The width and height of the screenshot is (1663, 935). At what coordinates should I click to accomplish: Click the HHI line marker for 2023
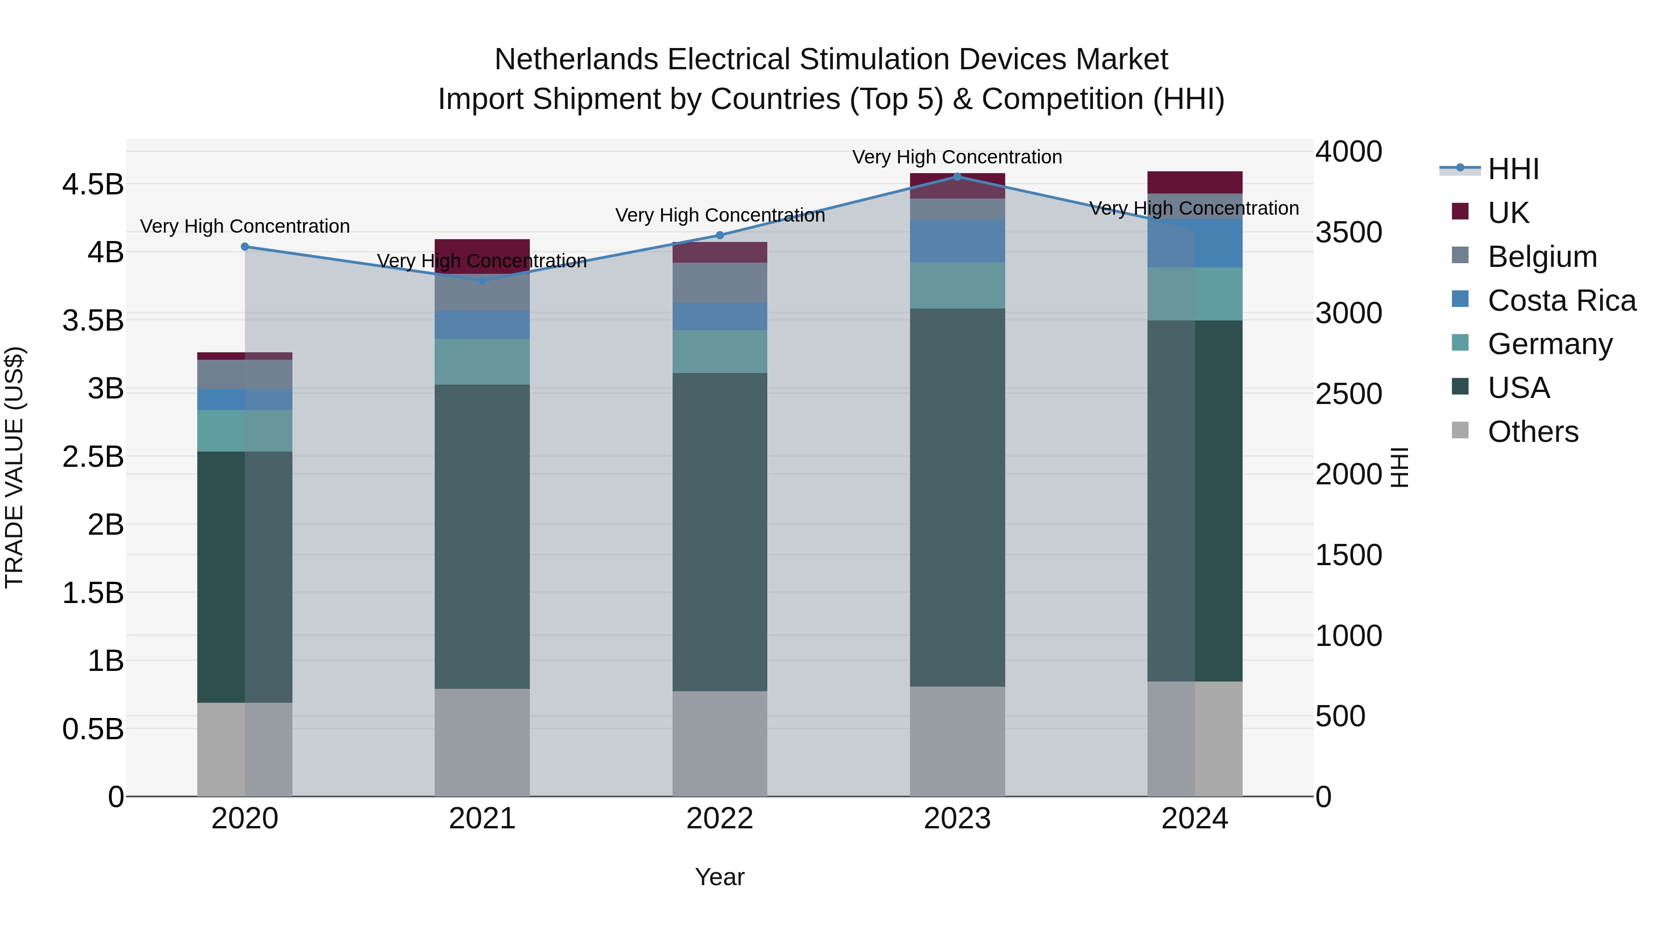click(958, 177)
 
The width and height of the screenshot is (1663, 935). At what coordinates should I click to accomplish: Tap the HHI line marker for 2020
click(245, 247)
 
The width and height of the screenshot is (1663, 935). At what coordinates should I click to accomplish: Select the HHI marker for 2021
click(482, 281)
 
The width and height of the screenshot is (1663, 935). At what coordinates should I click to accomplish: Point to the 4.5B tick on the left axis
click(93, 185)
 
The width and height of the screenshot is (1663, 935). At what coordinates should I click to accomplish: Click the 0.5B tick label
click(93, 729)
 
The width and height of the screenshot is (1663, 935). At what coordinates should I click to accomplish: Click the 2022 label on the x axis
click(720, 819)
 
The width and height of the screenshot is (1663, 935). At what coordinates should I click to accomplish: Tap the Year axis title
click(720, 877)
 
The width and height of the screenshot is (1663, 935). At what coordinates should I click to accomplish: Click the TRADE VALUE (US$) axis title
click(14, 467)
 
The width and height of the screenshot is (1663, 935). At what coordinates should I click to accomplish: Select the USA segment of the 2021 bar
click(482, 536)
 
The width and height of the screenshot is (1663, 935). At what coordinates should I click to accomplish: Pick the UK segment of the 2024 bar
click(1195, 182)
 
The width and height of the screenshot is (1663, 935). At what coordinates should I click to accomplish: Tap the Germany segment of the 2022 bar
click(720, 352)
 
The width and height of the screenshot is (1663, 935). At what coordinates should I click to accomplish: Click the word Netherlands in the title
click(576, 60)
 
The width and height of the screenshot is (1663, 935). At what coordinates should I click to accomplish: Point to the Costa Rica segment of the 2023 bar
click(958, 241)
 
